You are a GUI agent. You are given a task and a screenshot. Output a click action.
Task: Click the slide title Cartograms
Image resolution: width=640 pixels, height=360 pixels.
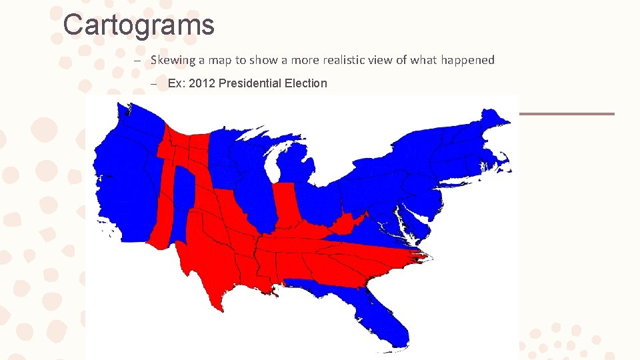(139, 25)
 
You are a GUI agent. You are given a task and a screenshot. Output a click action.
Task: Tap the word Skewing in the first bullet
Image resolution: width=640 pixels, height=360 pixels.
(172, 60)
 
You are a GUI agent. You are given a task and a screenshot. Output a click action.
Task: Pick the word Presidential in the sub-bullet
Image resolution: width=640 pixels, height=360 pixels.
(255, 83)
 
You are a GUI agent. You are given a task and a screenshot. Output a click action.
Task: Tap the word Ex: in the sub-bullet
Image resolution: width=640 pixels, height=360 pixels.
(177, 83)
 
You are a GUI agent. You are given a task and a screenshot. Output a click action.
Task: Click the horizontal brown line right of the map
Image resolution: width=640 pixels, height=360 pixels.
(566, 114)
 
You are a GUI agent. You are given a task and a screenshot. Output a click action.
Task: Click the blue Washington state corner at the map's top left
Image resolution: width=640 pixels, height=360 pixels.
(127, 120)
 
